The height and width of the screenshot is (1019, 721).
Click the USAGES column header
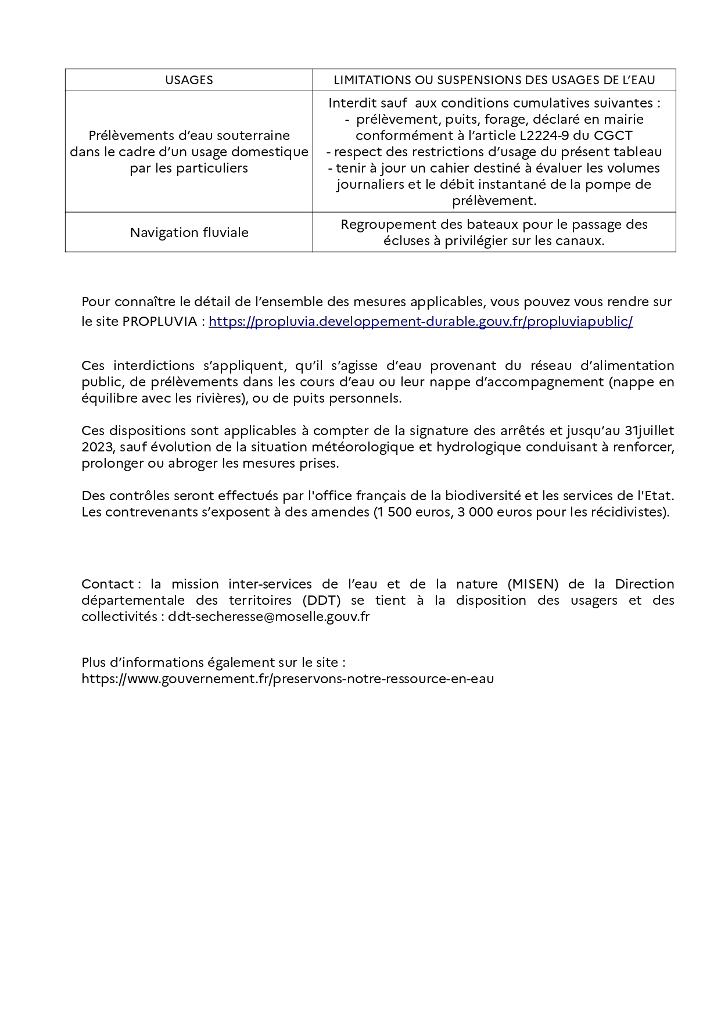(189, 80)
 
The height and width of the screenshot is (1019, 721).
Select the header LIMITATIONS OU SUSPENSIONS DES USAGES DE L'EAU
(494, 80)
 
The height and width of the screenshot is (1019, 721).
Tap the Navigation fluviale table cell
(189, 232)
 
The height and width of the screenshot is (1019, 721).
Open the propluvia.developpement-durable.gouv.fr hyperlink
(421, 321)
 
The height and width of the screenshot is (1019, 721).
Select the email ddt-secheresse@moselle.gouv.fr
(269, 616)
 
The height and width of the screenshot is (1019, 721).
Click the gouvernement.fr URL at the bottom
(288, 679)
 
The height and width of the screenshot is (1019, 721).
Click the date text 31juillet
(649, 430)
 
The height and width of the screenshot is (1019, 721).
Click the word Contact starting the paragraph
(107, 584)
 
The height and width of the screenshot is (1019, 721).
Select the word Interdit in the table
(351, 103)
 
